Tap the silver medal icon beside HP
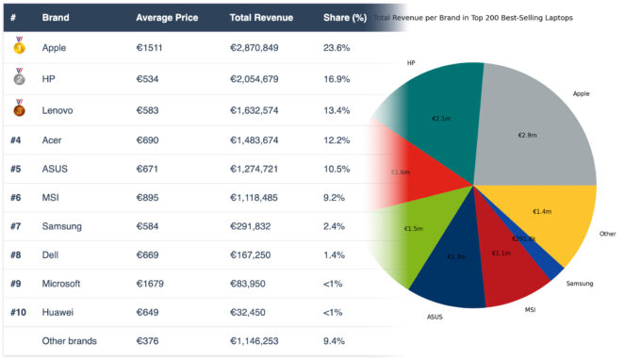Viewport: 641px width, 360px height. click(x=19, y=79)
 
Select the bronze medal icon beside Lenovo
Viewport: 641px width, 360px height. click(x=19, y=110)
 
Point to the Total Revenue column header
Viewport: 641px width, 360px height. click(x=261, y=17)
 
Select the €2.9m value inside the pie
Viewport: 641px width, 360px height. click(x=527, y=135)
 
